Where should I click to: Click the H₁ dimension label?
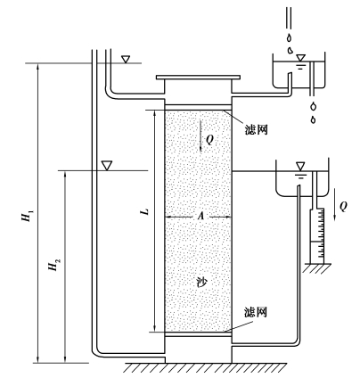tap(28, 216)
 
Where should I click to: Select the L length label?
tap(145, 211)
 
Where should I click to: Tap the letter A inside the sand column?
tap(201, 216)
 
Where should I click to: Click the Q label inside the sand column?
tap(209, 139)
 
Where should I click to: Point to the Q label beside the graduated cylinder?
tap(343, 206)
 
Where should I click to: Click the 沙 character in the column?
tap(202, 282)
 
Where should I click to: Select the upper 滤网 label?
tap(256, 129)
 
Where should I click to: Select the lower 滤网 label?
tap(256, 312)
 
